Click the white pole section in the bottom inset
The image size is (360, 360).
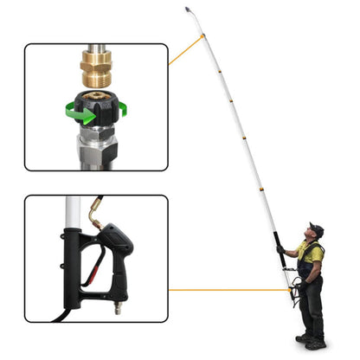[x=74, y=213]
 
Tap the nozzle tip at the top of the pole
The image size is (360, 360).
[x=188, y=10]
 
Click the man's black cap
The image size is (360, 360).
[x=316, y=229]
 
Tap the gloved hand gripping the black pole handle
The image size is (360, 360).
[x=281, y=251]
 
